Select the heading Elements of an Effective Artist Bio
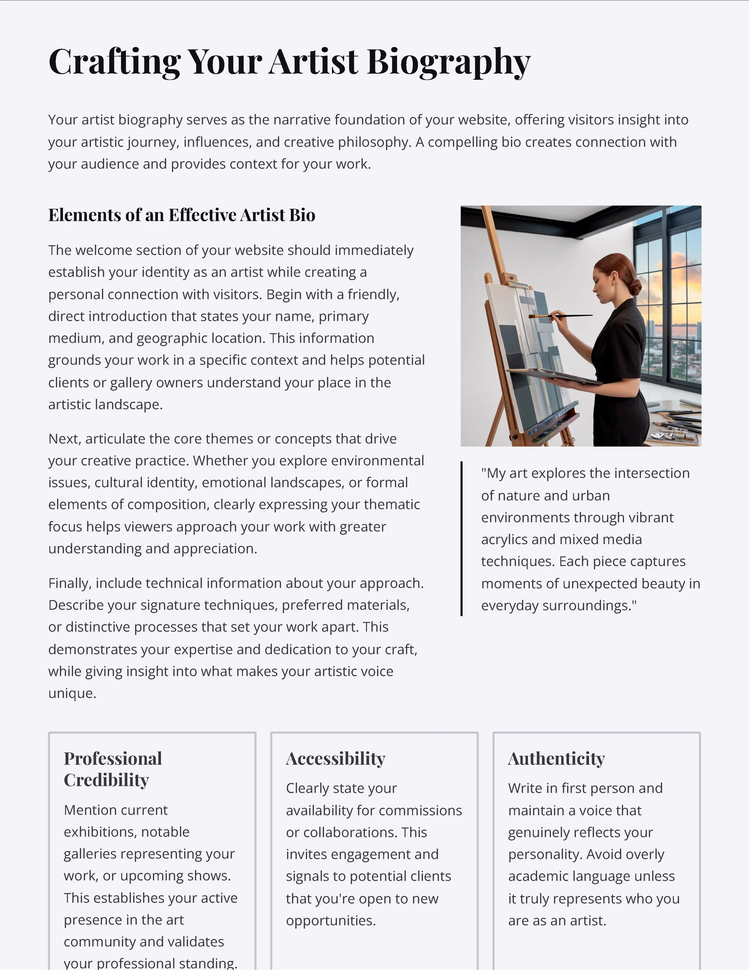pos(182,215)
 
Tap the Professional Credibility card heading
pos(113,769)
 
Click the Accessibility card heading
pos(336,759)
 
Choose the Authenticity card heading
pos(556,759)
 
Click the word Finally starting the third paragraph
pos(70,583)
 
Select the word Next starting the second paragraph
pos(64,439)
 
